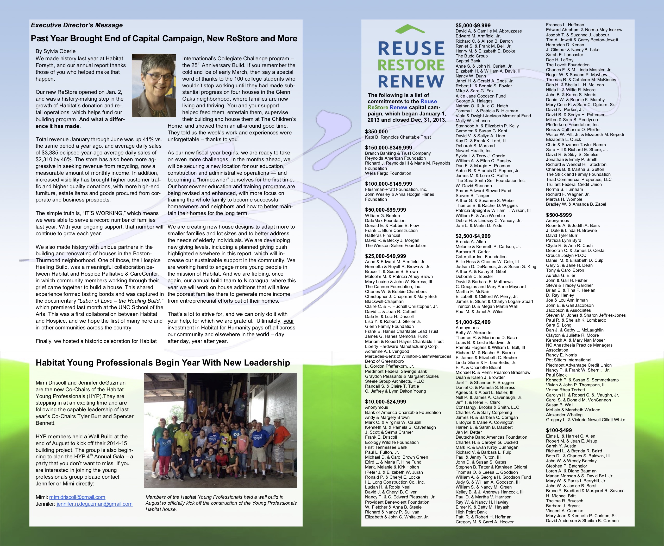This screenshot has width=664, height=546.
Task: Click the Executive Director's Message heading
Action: point(77,25)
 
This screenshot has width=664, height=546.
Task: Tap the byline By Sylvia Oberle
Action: point(55,51)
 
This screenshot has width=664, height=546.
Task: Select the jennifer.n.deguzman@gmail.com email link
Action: point(95,504)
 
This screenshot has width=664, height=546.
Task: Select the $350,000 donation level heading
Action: point(377,132)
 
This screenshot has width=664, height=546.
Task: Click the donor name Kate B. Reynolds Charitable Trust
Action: point(398,137)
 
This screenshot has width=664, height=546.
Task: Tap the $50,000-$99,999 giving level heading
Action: point(386,210)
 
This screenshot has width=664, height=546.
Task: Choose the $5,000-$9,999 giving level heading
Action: point(473,25)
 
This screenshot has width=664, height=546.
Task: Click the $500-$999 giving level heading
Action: point(559,215)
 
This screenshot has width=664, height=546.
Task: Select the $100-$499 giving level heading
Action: point(559,430)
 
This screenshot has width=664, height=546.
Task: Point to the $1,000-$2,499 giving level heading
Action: point(473,322)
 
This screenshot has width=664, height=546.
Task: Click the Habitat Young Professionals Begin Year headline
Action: point(162,363)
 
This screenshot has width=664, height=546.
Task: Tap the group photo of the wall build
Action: point(221,430)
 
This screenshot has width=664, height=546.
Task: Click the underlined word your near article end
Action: point(289,321)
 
